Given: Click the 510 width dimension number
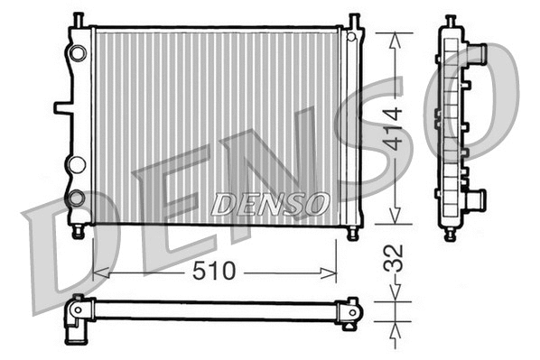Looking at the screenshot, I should pos(215,270).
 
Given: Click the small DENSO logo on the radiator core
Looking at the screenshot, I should pos(270,205).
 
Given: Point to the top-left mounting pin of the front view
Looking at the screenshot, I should pos(79,20).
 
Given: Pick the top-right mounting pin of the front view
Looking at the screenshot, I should pos(353,20).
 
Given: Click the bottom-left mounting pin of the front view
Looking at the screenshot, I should pos(79,232).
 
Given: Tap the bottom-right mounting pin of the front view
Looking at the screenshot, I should pos(352,232).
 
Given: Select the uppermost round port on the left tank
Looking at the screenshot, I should pos(79,53).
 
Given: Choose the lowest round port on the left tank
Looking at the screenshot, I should pos(77,198).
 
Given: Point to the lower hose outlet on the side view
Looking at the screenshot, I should pos(474,198).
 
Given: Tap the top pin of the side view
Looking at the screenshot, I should pos(451,20).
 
